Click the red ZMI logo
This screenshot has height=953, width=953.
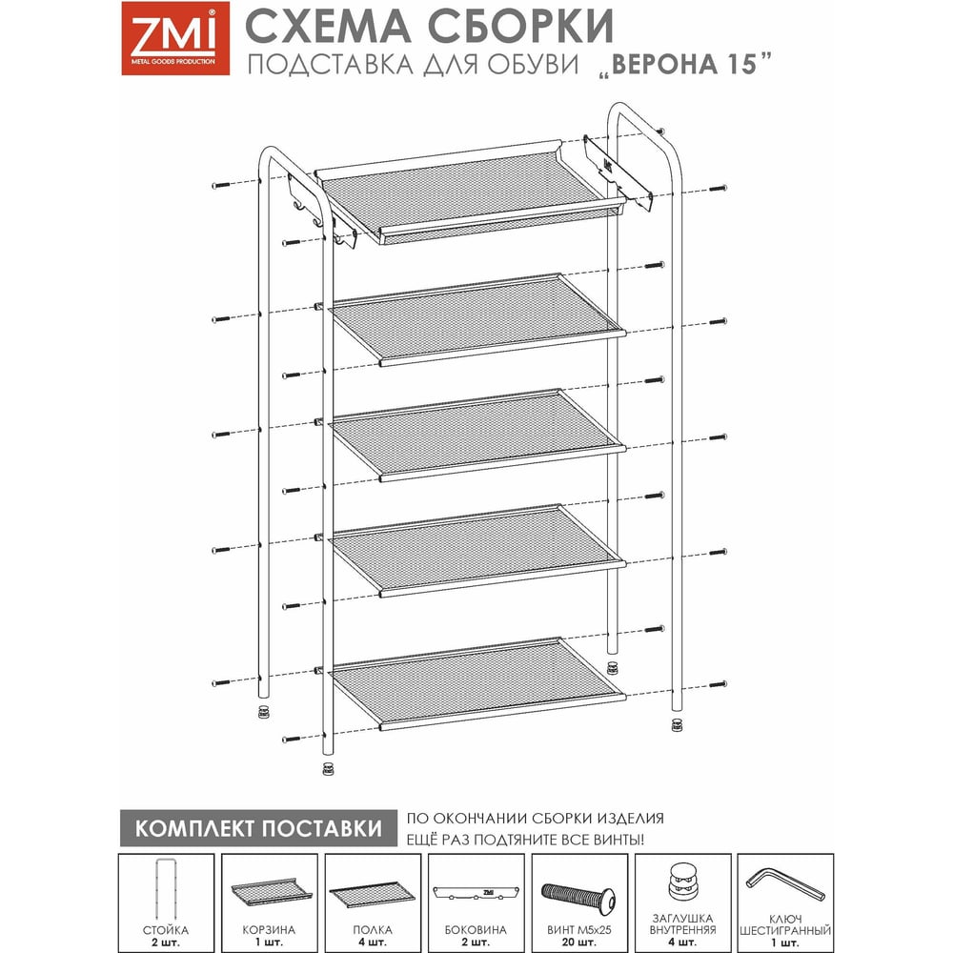tap(175, 38)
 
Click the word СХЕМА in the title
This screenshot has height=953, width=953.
tap(329, 27)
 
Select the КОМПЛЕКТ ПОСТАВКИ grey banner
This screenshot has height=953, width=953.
tap(258, 828)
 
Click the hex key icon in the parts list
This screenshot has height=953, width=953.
tap(784, 884)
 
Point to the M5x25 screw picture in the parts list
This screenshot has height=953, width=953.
tap(578, 895)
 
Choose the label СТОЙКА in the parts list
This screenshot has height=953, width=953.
tap(165, 930)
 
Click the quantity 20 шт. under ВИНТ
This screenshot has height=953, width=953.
tap(578, 943)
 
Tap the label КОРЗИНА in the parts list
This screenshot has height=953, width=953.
tap(269, 930)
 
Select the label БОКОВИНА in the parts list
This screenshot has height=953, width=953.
tap(476, 930)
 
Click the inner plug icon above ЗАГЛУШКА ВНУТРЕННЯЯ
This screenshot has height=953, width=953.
tap(683, 882)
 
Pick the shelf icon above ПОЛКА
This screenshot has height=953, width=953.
tap(372, 895)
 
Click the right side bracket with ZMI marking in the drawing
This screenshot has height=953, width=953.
tap(618, 172)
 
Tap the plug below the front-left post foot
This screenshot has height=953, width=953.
tap(328, 769)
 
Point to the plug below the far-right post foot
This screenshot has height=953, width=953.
tap(677, 724)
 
